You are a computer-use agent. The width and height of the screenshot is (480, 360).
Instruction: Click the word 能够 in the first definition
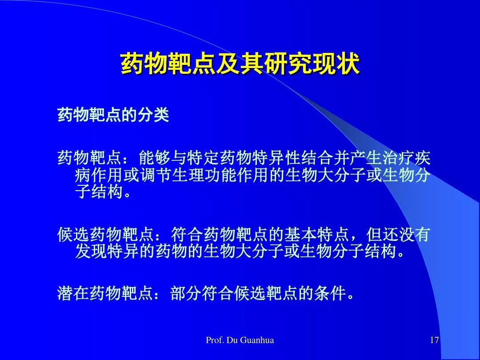154,158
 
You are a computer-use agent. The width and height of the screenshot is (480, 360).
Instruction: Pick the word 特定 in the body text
203,158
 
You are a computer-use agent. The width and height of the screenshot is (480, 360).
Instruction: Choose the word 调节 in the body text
156,175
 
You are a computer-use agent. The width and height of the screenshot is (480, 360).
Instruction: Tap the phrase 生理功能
204,175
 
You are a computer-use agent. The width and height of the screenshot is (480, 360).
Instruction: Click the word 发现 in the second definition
91,252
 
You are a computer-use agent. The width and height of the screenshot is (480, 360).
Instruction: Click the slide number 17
434,340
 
